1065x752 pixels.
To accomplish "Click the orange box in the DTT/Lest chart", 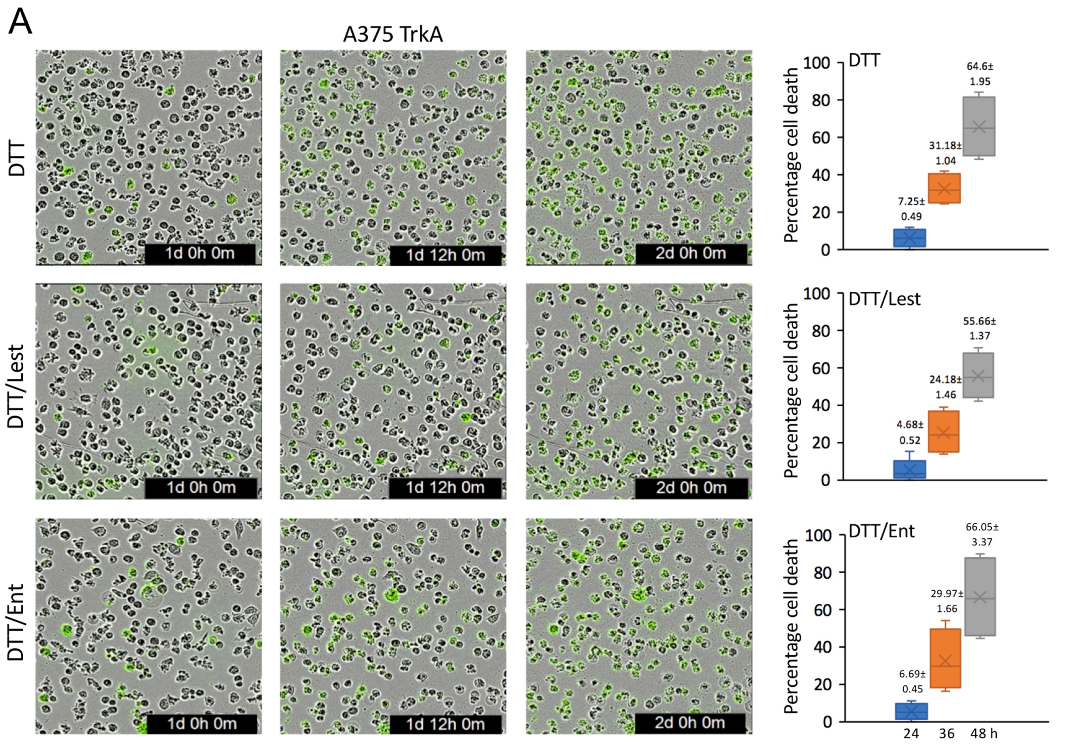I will click(943, 431).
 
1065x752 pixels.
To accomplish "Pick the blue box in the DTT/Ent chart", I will click(911, 711).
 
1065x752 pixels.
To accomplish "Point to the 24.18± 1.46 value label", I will click(945, 387).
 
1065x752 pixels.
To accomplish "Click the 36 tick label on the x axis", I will click(947, 733).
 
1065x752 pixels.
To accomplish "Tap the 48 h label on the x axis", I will click(983, 733).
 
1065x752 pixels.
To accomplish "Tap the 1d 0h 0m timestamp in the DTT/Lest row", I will click(201, 488).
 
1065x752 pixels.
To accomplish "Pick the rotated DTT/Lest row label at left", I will click(17, 386).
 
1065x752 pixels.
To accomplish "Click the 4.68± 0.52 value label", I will click(910, 432).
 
